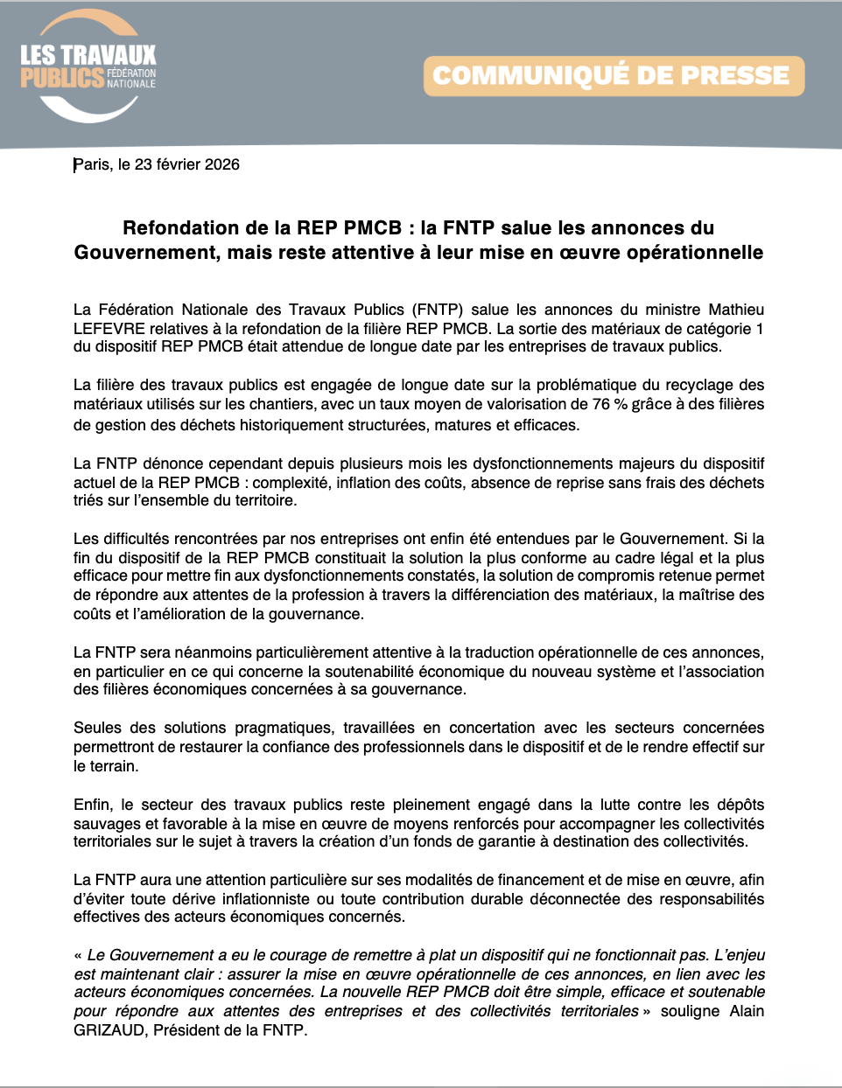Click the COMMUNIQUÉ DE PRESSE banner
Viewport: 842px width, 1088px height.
tap(613, 76)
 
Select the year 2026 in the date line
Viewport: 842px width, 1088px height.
tap(222, 164)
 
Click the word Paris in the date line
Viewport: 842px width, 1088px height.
tap(92, 164)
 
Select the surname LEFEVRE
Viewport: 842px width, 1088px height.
tap(109, 329)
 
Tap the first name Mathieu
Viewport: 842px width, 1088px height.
tap(736, 310)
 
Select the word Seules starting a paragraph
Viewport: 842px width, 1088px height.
tap(97, 728)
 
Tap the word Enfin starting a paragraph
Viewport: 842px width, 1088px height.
tap(93, 805)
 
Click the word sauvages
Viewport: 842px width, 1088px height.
tap(101, 824)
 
